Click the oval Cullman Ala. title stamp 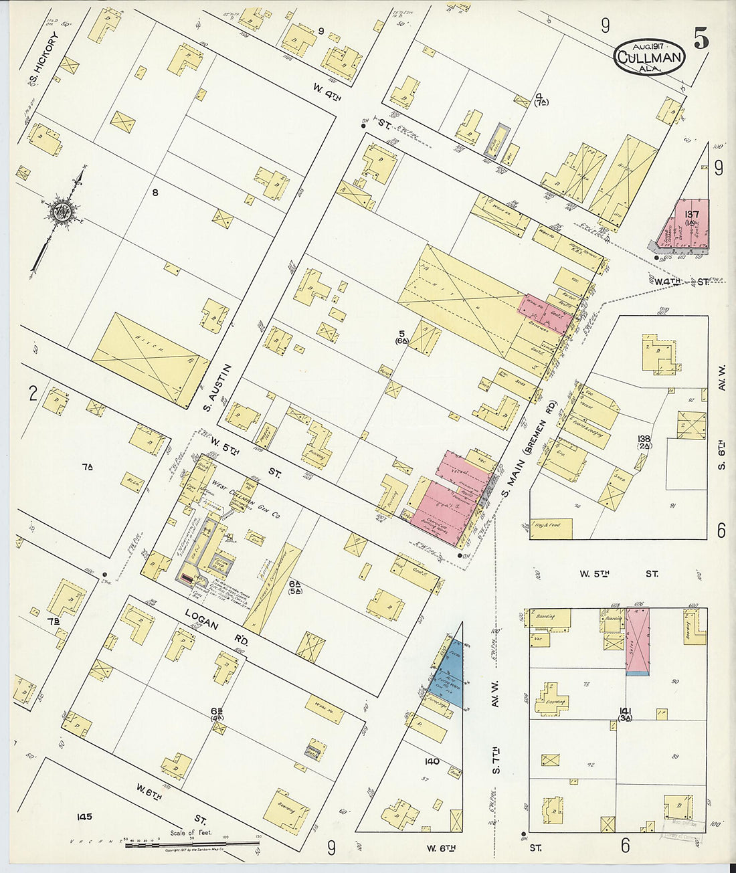649,57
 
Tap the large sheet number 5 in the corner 701,40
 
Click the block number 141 626,711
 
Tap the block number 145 84,816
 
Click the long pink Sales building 637,640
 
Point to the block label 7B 54,621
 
